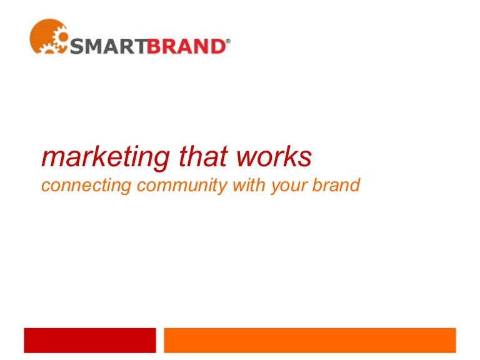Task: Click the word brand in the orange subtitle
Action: coord(337,185)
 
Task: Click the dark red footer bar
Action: coord(89,341)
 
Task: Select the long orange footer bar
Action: coord(309,341)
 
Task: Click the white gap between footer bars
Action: coord(159,341)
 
